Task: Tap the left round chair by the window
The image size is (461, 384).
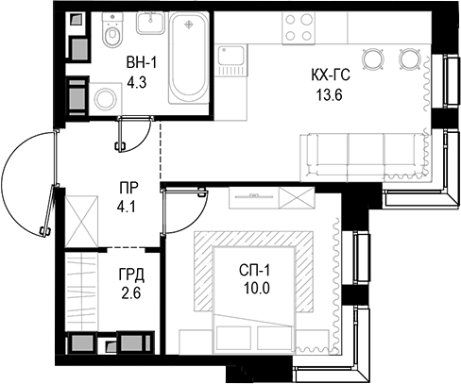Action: point(373,58)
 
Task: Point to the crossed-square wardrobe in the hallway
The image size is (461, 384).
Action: point(80,217)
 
